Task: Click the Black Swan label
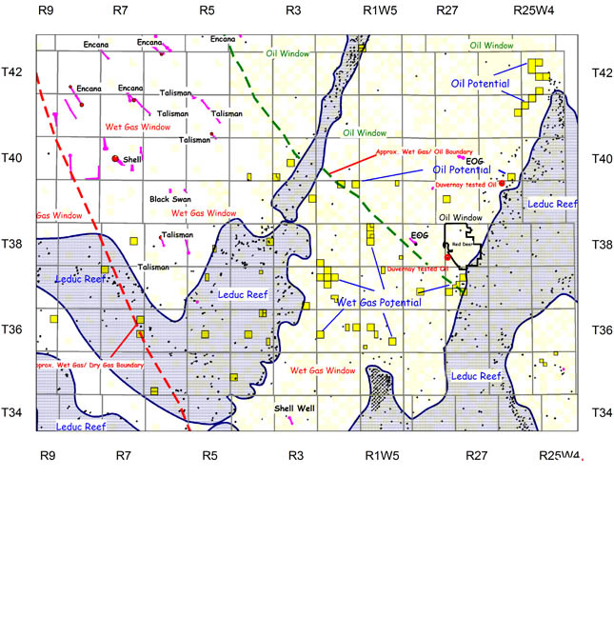(x=168, y=200)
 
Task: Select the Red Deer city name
(x=463, y=245)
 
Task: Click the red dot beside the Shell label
(x=115, y=159)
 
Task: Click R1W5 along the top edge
(x=380, y=11)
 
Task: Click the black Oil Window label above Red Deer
(x=460, y=218)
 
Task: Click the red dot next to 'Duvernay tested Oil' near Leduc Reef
(x=502, y=183)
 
